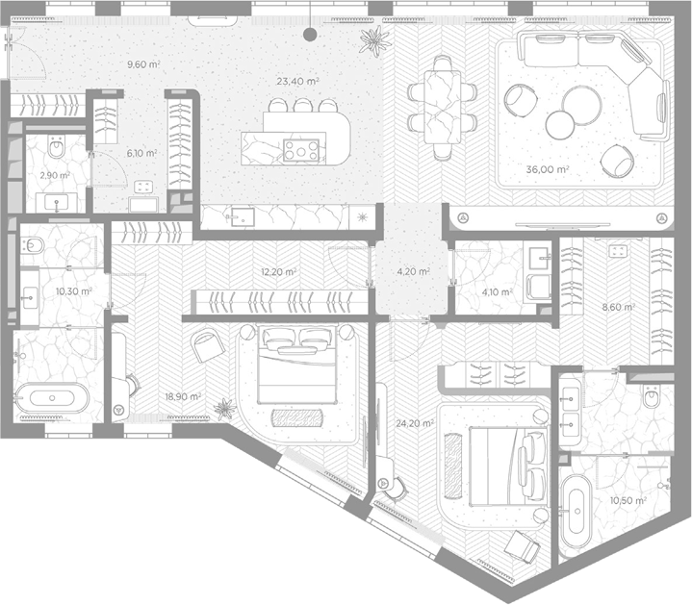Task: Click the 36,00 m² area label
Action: click(x=548, y=169)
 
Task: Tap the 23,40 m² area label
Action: click(x=298, y=81)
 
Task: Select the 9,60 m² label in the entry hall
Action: click(x=143, y=64)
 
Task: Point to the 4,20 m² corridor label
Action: click(x=414, y=271)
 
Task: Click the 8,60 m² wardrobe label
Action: click(x=619, y=307)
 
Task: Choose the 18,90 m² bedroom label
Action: click(x=183, y=397)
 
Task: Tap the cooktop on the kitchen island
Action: click(x=301, y=150)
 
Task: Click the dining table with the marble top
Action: click(x=442, y=107)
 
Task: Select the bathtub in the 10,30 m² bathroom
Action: click(x=52, y=398)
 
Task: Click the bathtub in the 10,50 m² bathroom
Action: click(x=577, y=512)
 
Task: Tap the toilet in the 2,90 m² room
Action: click(x=57, y=146)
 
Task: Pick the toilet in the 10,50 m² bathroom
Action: click(x=652, y=396)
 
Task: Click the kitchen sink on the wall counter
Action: click(x=242, y=217)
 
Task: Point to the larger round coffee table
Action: click(x=582, y=105)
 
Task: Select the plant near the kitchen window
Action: click(x=375, y=40)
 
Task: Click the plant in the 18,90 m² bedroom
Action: click(x=225, y=409)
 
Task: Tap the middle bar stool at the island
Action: click(x=303, y=105)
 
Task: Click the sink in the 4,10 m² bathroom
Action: click(x=538, y=255)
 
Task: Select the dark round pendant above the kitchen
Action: click(x=310, y=35)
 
